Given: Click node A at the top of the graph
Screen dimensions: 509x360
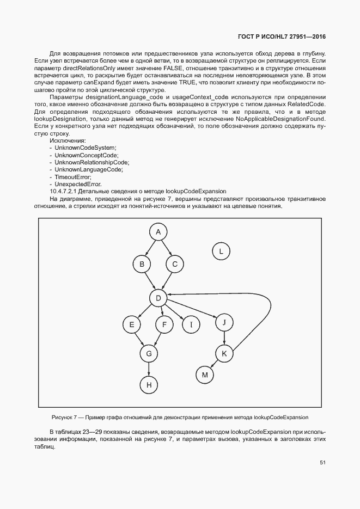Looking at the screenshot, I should click(x=158, y=232).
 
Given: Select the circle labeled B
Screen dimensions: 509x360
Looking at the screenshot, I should click(x=142, y=265).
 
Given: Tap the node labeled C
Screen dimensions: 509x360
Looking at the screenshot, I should click(x=175, y=265).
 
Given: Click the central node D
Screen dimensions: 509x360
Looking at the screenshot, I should click(x=158, y=298).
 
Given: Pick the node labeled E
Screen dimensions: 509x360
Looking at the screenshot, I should click(x=131, y=325).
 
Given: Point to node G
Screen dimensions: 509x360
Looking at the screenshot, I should click(x=148, y=353).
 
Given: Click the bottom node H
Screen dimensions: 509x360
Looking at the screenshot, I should click(x=148, y=385).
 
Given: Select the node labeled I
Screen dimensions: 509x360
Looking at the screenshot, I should click(x=191, y=325).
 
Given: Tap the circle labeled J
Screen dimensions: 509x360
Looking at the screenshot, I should click(x=224, y=322).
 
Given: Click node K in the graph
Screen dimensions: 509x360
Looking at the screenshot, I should click(x=224, y=354).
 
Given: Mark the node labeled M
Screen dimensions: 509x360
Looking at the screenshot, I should click(x=205, y=375).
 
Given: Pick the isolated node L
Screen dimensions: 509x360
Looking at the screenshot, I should click(x=221, y=251).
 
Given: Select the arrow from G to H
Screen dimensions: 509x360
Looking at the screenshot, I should click(x=148, y=369).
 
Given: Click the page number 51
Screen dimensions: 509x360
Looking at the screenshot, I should click(x=322, y=463).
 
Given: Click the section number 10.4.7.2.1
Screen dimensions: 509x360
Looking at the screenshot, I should click(x=68, y=191).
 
